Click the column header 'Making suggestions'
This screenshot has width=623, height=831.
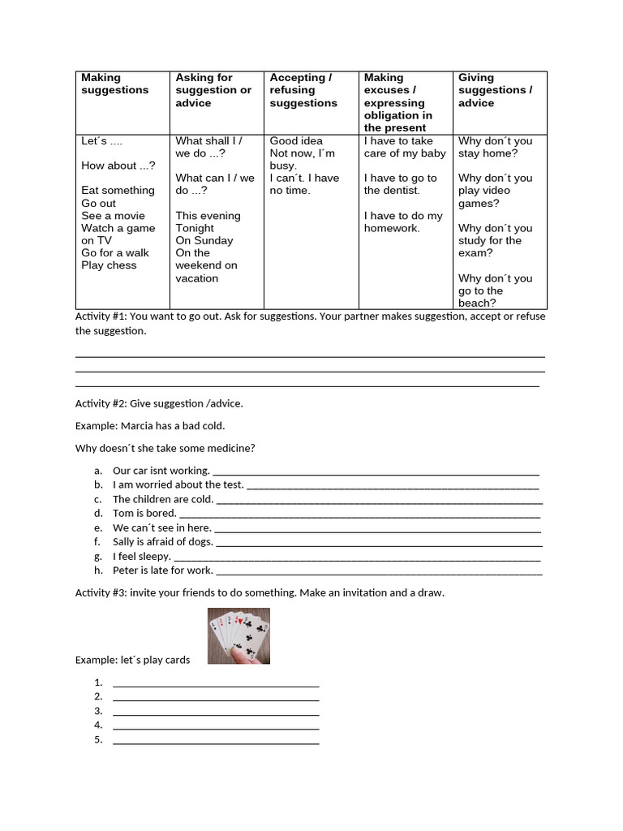pos(114,84)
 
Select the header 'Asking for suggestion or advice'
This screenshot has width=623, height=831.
pos(213,90)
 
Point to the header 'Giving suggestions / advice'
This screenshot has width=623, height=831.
pos(495,90)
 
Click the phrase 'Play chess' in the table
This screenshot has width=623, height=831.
pos(109,265)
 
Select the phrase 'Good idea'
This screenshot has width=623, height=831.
pos(296,141)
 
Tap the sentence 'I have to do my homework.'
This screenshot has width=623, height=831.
pos(403,222)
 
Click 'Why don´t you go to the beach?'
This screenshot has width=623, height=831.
pos(495,291)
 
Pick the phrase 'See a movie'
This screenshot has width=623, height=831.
pos(113,216)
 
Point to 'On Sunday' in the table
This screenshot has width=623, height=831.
pos(204,240)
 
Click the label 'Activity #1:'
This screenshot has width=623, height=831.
pos(101,316)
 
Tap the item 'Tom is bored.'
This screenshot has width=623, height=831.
pos(144,514)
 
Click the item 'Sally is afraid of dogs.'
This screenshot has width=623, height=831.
pos(162,542)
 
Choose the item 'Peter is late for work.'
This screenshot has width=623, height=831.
pos(162,571)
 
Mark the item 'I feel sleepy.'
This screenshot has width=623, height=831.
pos(142,557)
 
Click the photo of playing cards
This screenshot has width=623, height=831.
pos(238,635)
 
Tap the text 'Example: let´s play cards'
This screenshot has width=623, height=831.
pos(132,660)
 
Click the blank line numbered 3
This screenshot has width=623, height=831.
pos(216,711)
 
